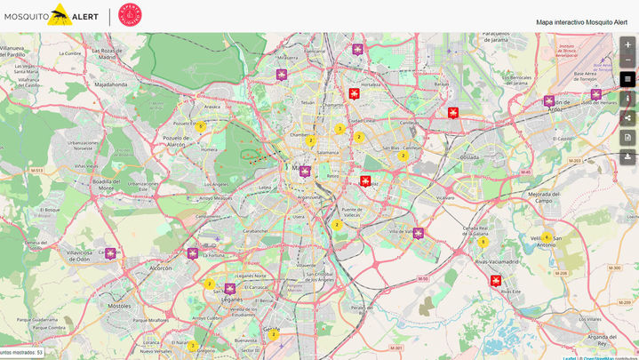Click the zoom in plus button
coord(627,44)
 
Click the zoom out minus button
coord(627,60)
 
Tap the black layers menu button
coord(627,79)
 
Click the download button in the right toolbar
coord(627,156)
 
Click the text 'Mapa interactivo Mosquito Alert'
coord(582,22)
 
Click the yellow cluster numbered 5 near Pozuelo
coord(200,126)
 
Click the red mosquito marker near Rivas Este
coord(496,281)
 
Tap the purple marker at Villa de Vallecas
coord(419,234)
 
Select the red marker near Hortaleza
coord(355,93)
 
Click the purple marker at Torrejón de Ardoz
coord(549,100)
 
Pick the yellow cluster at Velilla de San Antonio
coord(547,237)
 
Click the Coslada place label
coord(468,156)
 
